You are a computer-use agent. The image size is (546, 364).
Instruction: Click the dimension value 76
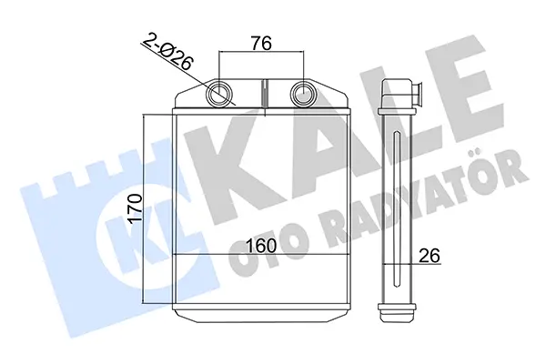tap(261, 43)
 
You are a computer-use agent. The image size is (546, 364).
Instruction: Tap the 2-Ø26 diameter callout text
tap(167, 52)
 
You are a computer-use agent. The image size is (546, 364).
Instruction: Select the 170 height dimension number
tap(135, 208)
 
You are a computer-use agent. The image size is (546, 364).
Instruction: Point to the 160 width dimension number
tap(261, 246)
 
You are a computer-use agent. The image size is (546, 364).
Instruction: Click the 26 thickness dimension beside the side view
tap(430, 256)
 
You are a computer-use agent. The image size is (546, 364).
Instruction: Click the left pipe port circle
tap(219, 94)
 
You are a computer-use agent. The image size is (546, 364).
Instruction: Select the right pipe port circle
tap(304, 94)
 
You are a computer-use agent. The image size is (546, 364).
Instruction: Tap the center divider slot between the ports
tap(264, 93)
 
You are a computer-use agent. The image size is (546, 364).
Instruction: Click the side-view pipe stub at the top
tap(417, 94)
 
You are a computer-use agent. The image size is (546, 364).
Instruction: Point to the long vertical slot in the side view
tap(397, 209)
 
